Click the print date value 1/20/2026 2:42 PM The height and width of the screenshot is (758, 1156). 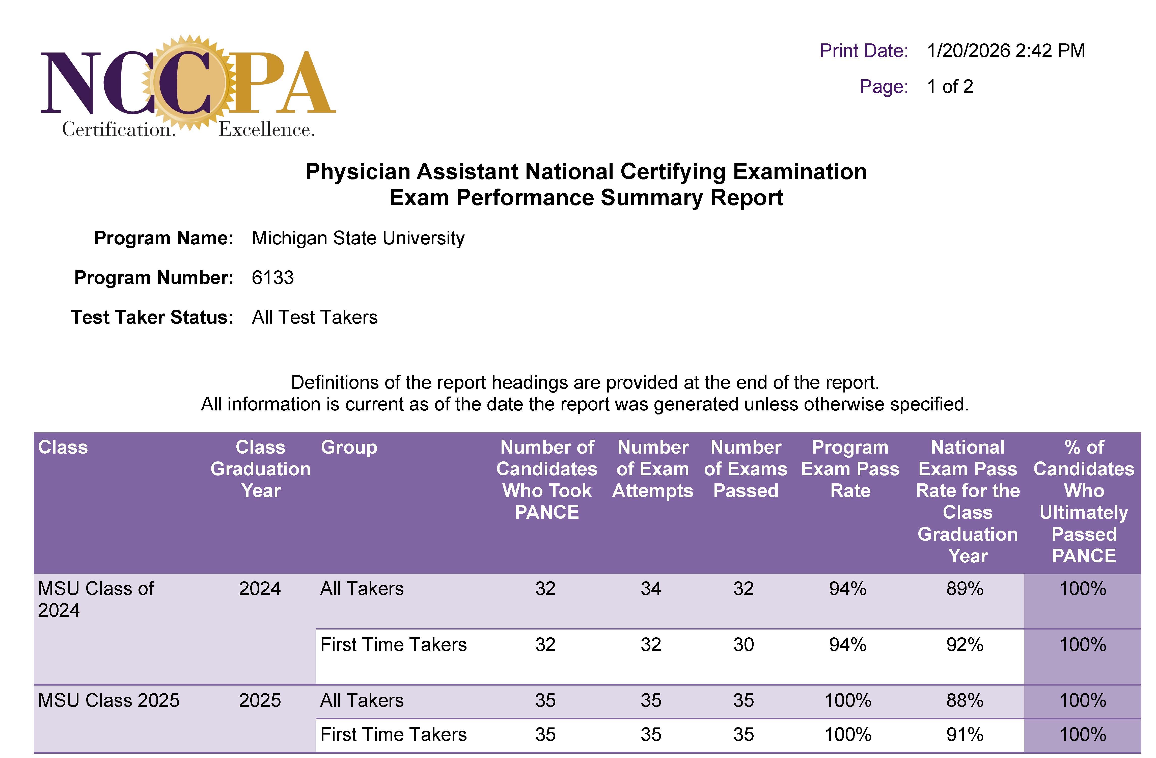tap(1005, 50)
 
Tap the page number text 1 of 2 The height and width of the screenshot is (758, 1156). tap(950, 87)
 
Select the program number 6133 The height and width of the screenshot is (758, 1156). tap(272, 277)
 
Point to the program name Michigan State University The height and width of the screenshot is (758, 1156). tap(358, 238)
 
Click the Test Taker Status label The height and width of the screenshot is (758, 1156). tap(152, 317)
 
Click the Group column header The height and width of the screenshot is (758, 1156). tap(349, 447)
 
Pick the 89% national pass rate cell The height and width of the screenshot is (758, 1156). tap(965, 588)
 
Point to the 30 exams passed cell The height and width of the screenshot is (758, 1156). tap(743, 644)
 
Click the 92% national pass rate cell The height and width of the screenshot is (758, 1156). tap(965, 644)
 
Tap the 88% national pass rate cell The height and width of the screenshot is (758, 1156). tap(965, 700)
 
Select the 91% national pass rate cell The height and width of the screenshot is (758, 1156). tap(965, 734)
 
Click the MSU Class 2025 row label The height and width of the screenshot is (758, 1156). tap(109, 700)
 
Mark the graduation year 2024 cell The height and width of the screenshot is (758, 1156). tap(260, 588)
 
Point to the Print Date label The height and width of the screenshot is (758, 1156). tap(864, 50)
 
